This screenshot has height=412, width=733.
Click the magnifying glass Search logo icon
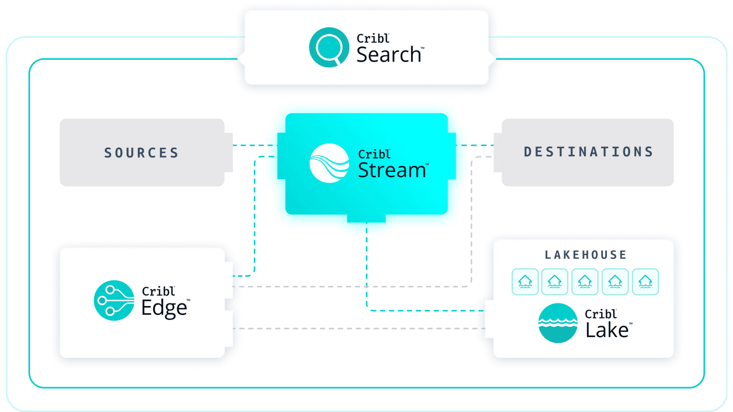[329, 47]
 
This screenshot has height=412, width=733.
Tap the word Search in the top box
[389, 55]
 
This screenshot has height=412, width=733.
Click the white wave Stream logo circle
[329, 163]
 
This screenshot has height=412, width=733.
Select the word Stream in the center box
[392, 170]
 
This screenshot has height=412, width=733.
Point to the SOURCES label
[142, 153]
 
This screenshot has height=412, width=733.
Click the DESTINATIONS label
[588, 152]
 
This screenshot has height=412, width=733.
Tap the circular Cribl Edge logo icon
[114, 301]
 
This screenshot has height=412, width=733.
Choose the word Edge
[164, 308]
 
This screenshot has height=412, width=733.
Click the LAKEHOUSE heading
[586, 255]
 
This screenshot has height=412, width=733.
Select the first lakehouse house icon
[525, 282]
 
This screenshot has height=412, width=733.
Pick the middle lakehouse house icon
[585, 282]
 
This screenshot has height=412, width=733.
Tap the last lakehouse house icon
[646, 282]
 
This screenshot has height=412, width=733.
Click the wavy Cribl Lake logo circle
[558, 323]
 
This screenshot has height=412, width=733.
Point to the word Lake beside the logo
[607, 330]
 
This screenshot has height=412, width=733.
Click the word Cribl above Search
[373, 38]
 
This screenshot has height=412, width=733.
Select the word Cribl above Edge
[158, 291]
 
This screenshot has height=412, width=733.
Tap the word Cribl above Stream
[374, 154]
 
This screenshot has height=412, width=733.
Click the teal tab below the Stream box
[366, 218]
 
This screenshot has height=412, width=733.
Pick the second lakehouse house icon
[555, 282]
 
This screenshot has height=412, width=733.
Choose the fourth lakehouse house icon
[615, 282]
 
